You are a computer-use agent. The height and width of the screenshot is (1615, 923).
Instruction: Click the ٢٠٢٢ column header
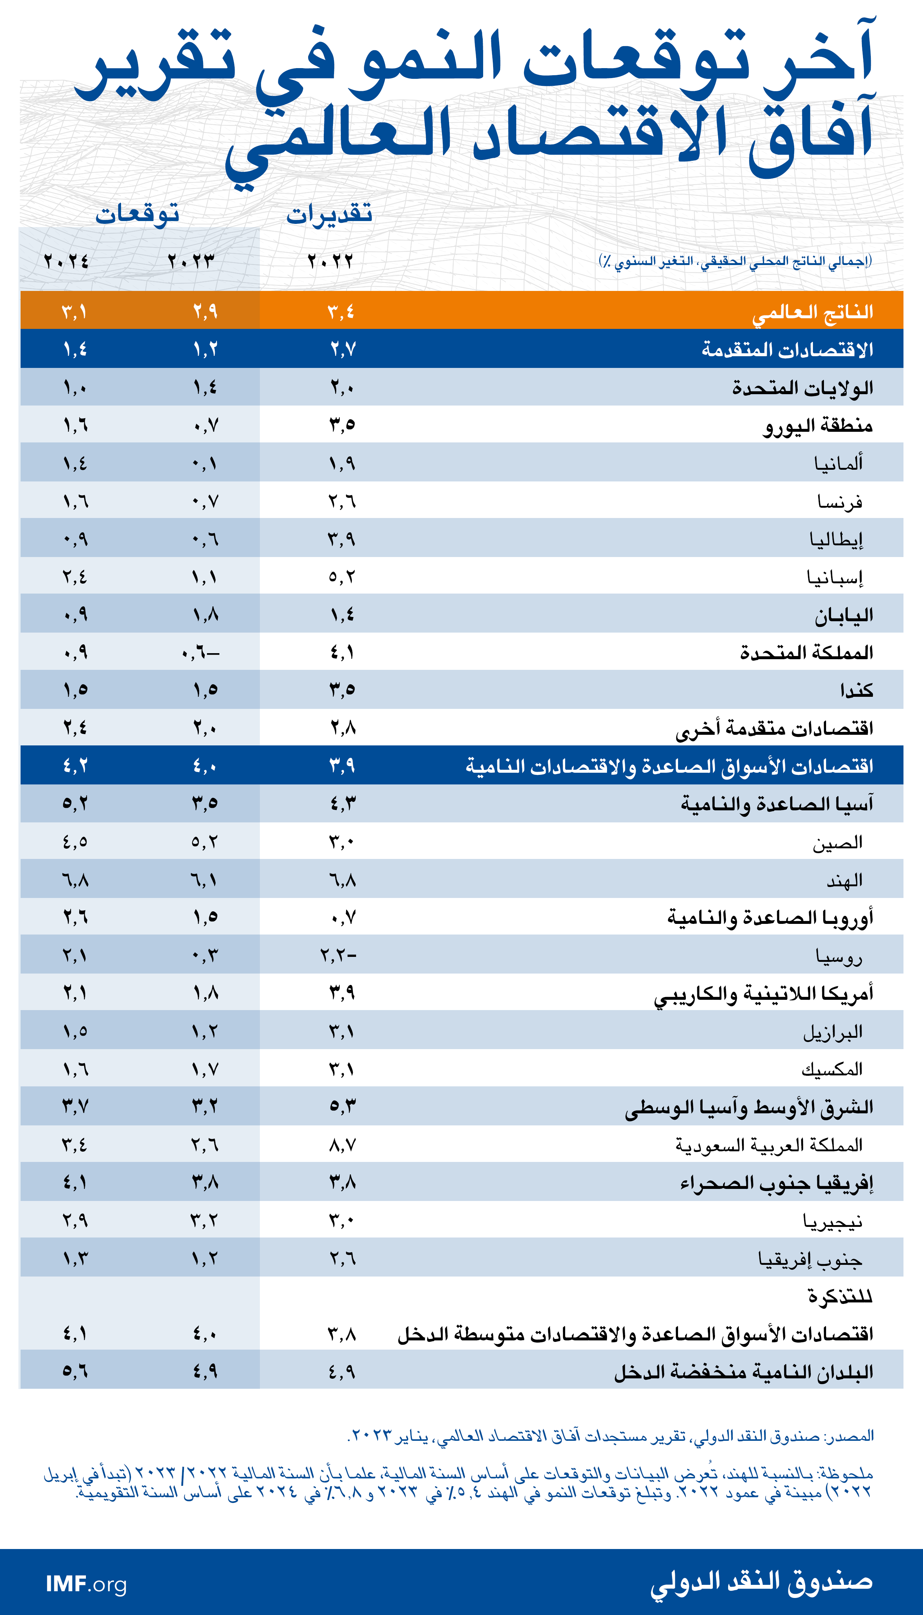(x=330, y=261)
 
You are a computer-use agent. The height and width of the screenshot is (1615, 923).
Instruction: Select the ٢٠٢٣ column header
(x=191, y=261)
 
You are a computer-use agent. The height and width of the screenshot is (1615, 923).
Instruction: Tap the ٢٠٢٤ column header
(x=66, y=261)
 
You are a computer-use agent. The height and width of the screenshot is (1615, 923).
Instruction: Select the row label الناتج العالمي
(x=812, y=312)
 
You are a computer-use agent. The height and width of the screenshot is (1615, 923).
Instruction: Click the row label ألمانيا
(x=838, y=463)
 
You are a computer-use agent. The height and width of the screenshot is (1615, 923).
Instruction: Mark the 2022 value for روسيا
(x=339, y=955)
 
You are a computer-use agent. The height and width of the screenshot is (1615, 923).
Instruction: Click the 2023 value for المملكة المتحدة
(x=200, y=652)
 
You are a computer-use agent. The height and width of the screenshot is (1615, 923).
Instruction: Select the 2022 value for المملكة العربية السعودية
(x=342, y=1144)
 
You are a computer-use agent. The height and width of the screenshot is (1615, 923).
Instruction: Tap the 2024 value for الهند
(x=75, y=880)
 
